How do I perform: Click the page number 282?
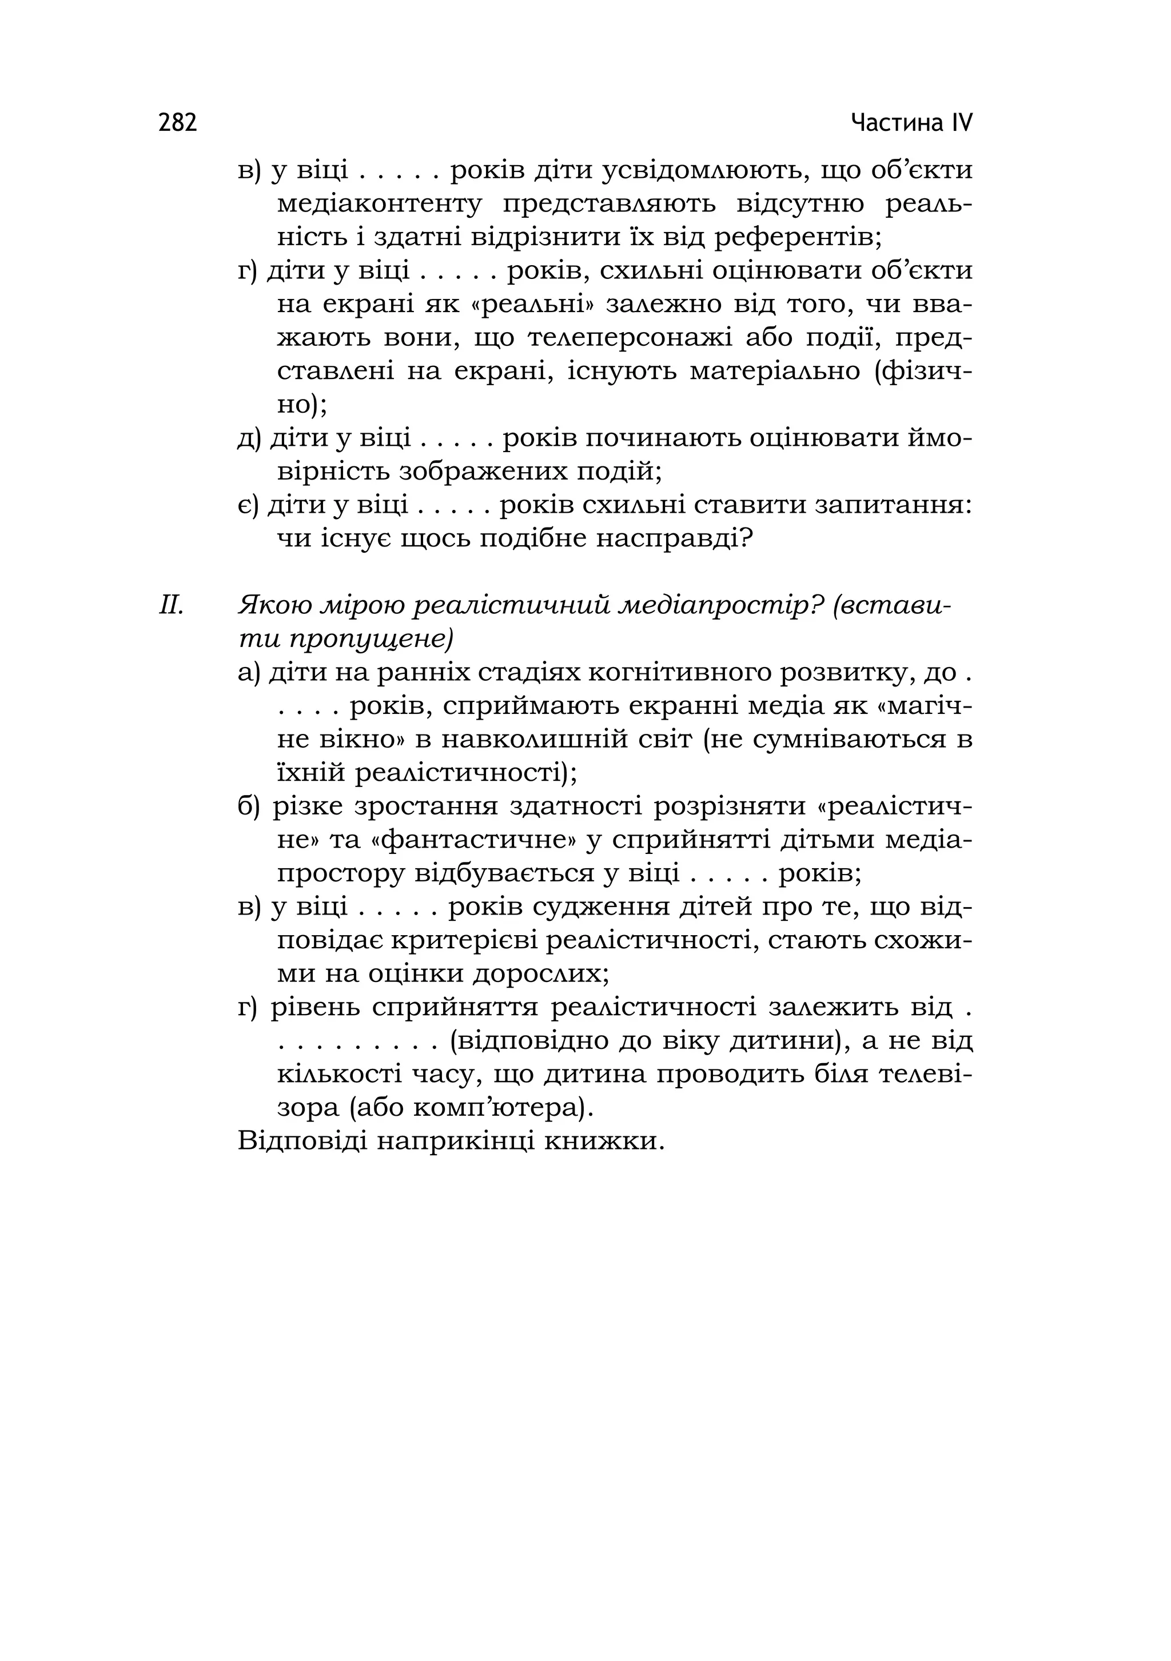[177, 123]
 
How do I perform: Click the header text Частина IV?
[911, 123]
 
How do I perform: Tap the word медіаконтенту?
[379, 204]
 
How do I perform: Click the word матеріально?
[774, 371]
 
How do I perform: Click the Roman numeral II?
[172, 605]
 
